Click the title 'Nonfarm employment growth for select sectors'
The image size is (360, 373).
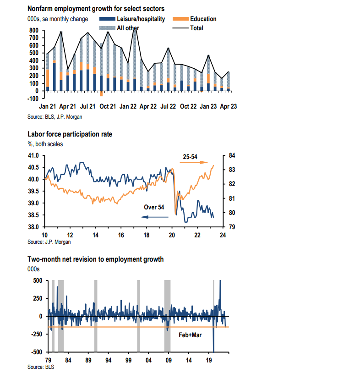(x=96, y=8)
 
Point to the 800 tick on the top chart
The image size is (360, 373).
(x=34, y=30)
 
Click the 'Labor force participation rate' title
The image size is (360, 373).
(x=70, y=134)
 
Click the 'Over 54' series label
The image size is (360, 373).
(x=154, y=207)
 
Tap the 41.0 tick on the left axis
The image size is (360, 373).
(x=34, y=156)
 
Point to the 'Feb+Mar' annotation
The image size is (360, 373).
(x=190, y=335)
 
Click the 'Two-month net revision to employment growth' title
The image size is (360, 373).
(x=96, y=259)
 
